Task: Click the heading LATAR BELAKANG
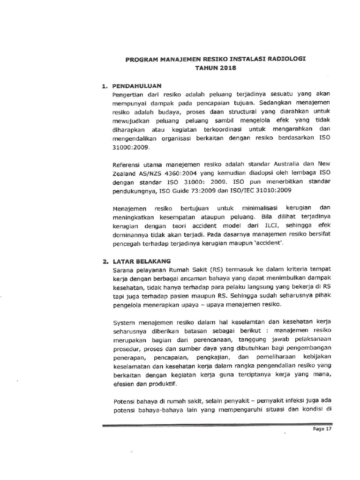[142, 261]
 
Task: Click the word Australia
[280, 164]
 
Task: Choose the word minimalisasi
[262, 208]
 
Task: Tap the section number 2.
[105, 261]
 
